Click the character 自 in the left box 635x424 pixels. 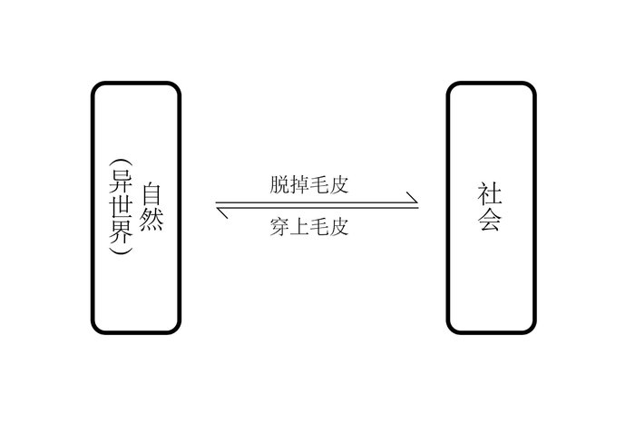[151, 194]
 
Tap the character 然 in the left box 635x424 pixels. [151, 220]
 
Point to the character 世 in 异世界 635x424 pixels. [121, 207]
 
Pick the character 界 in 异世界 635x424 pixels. [121, 232]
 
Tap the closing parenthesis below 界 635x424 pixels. [121, 251]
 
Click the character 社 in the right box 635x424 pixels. [490, 193]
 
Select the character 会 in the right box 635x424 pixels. [490, 220]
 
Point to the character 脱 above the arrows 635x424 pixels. [279, 184]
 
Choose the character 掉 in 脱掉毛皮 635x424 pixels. [299, 184]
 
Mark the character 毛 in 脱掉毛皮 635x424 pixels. [318, 184]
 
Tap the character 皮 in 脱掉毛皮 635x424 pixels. [338, 184]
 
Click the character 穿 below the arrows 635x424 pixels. [279, 227]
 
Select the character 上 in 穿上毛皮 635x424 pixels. [299, 227]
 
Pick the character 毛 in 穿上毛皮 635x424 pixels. [318, 227]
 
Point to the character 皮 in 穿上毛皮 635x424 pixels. [338, 227]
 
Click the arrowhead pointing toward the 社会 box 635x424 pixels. [413, 198]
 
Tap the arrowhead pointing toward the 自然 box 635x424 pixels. [221, 212]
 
